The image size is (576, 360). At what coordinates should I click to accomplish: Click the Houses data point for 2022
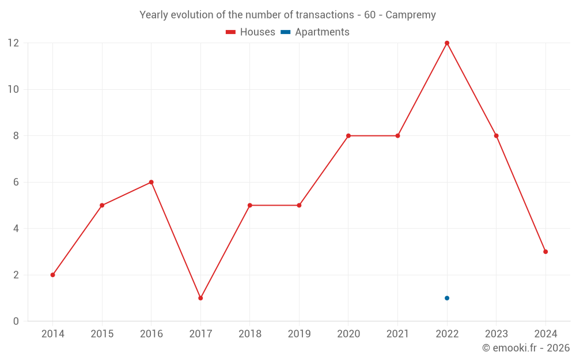[447, 43]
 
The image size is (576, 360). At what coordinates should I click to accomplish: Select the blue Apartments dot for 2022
[447, 298]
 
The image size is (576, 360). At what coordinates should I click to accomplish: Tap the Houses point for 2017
[200, 298]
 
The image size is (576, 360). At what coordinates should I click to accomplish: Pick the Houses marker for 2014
[52, 275]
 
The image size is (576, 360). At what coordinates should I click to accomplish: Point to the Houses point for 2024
[545, 252]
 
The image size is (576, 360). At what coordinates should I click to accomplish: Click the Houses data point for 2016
[151, 182]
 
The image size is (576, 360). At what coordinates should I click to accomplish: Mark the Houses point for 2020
[348, 136]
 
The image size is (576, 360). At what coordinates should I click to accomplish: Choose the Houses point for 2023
[496, 136]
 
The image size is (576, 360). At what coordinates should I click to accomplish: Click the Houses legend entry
[251, 32]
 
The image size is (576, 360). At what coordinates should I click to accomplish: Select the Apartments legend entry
[315, 32]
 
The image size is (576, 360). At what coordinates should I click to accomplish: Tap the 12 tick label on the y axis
[13, 43]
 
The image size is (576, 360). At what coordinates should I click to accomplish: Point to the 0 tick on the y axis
[16, 321]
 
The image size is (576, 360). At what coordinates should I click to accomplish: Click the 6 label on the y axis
[16, 182]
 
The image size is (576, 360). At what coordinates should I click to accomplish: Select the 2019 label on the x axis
[299, 334]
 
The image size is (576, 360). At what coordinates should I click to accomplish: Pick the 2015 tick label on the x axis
[102, 334]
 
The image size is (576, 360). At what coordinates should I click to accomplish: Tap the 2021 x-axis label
[397, 334]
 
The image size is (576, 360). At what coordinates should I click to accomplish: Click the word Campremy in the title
[410, 15]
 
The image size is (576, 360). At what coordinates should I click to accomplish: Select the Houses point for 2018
[250, 205]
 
